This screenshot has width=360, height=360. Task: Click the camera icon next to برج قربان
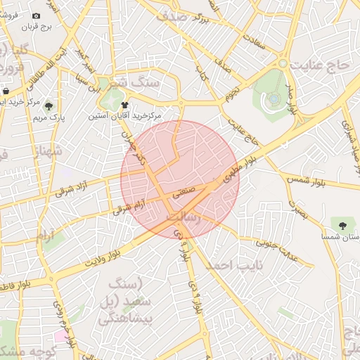[x=37, y=15]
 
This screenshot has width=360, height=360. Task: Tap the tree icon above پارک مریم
[x=49, y=107]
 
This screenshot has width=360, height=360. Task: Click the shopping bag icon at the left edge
[x=6, y=91]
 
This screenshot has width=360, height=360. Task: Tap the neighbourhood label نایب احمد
[x=229, y=265]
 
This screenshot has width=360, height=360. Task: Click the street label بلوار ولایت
[x=104, y=253]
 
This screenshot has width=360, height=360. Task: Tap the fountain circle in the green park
[x=272, y=99]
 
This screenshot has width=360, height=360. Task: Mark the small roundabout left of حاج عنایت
[x=282, y=63]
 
